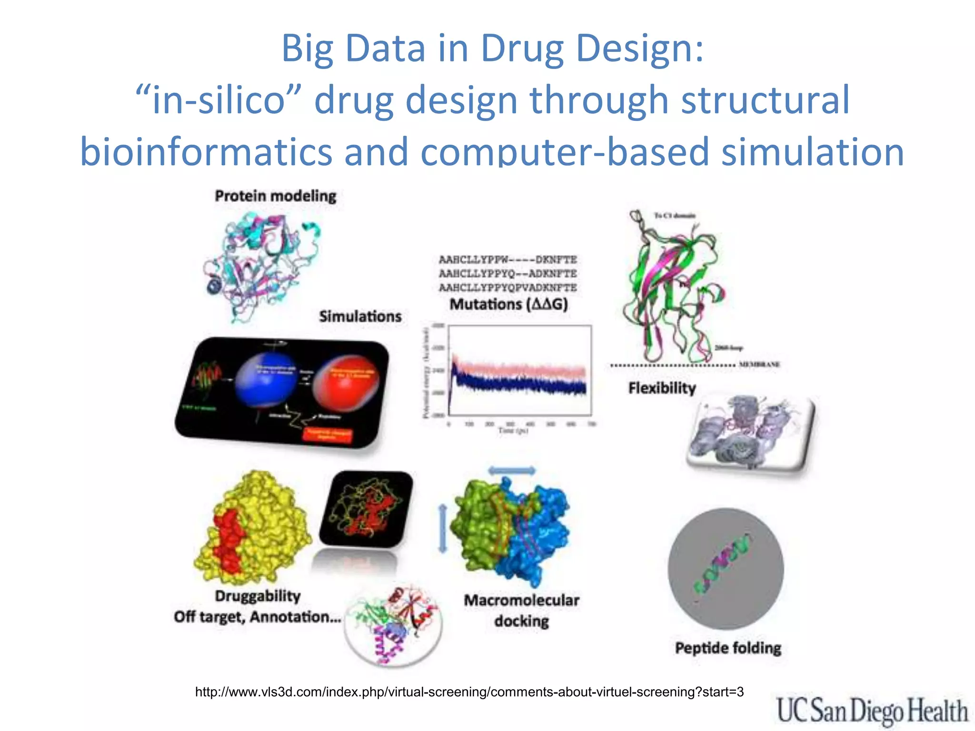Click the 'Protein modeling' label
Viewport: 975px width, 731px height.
coord(275,196)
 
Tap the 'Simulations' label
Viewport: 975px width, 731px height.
coord(360,316)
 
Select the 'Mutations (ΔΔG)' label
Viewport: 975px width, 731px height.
coord(508,304)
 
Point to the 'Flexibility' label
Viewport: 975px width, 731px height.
coord(662,388)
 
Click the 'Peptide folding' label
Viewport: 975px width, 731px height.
coord(728,648)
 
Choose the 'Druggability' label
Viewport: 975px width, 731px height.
coord(258,596)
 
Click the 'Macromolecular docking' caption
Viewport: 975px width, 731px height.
coord(521,611)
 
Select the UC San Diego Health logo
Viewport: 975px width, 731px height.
coord(872,711)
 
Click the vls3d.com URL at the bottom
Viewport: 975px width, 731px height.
coord(469,692)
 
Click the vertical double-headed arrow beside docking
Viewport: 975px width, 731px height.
coord(443,529)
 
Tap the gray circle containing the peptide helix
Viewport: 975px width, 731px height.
coord(725,568)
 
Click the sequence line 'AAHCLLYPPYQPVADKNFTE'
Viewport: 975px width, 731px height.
coord(507,287)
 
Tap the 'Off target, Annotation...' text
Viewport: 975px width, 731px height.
coord(257,617)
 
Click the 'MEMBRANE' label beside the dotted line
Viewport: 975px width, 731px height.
coord(759,365)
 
